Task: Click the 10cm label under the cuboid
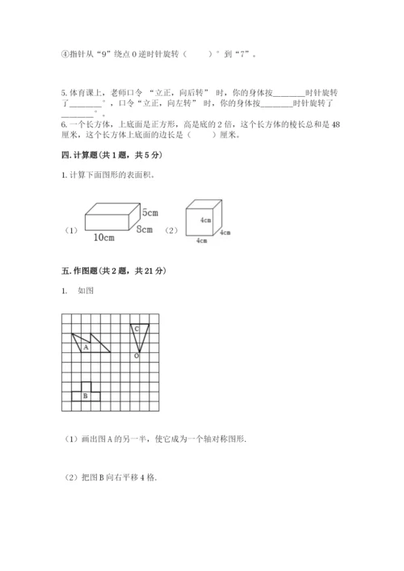point(103,237)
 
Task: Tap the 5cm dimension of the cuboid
point(149,212)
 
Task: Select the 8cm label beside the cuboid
point(146,229)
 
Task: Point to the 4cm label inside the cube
point(206,219)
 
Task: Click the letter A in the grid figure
point(86,347)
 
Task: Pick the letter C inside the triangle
point(137,329)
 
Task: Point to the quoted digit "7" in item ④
point(242,55)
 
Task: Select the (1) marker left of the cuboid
point(70,230)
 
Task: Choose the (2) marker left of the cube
point(171,230)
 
